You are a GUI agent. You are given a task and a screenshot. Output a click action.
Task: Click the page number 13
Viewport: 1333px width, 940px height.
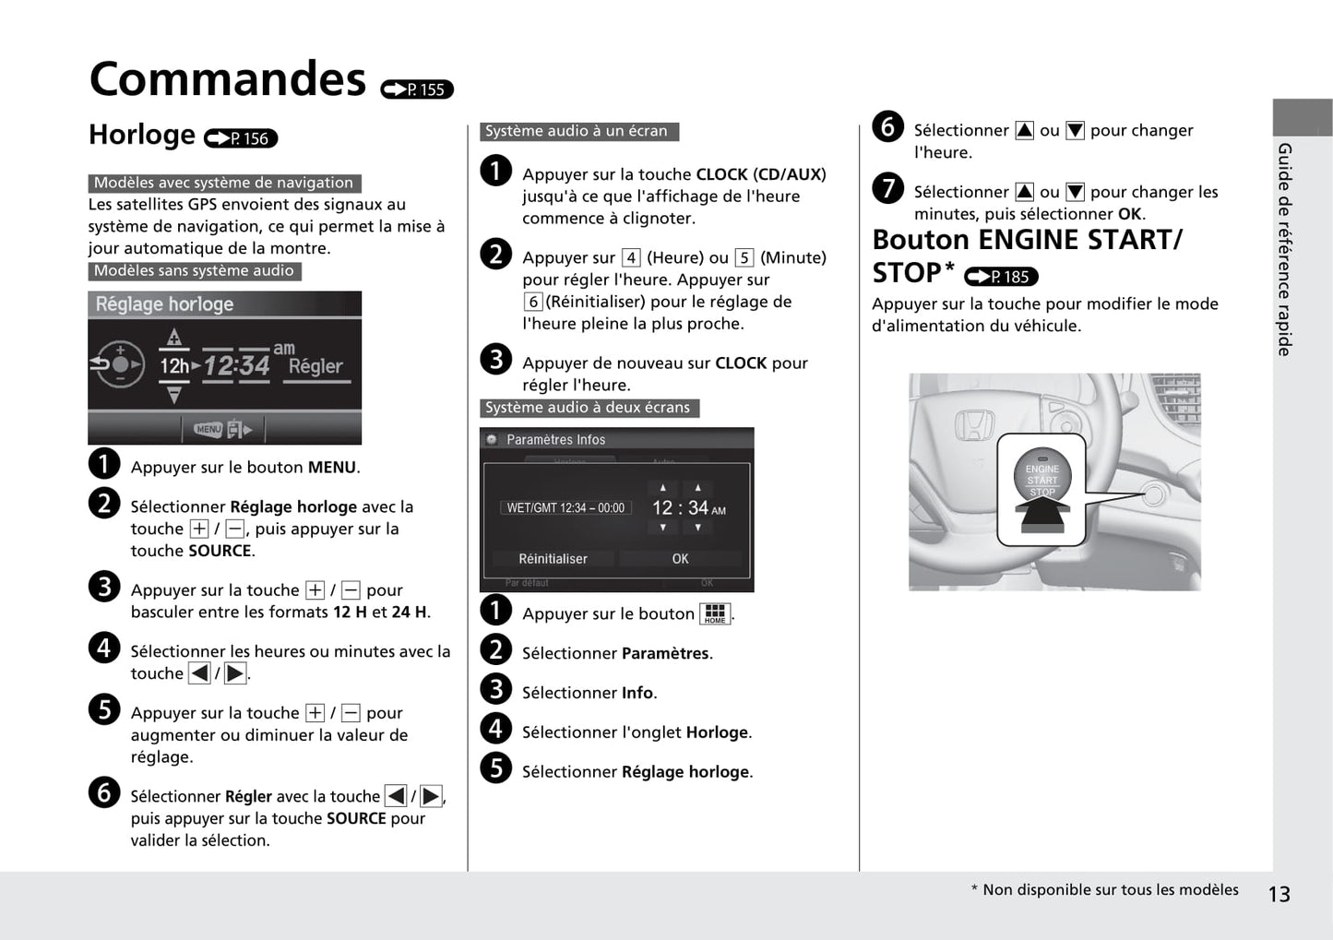tap(1279, 894)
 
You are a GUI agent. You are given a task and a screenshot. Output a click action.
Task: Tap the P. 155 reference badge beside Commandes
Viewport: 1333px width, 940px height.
tap(417, 89)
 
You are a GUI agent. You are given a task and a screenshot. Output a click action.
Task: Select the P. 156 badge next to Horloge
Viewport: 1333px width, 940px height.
tap(241, 138)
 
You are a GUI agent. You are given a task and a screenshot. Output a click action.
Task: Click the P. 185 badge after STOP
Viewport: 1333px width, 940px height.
tap(1001, 277)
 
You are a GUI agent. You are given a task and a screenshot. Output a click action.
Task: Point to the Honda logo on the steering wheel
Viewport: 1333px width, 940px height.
tap(973, 425)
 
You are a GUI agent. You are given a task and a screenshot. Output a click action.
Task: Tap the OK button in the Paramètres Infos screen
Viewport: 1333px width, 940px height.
tap(680, 559)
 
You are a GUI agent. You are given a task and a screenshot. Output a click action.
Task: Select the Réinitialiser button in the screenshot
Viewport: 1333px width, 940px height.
tap(553, 559)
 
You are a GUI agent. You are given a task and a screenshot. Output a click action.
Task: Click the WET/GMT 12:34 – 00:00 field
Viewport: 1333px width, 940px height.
tap(565, 508)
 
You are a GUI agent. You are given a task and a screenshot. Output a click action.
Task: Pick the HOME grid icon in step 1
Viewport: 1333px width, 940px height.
tap(715, 613)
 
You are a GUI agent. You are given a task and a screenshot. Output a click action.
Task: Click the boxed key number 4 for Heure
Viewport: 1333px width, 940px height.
tap(631, 258)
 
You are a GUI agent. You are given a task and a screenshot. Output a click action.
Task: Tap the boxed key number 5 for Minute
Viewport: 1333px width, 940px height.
tap(744, 258)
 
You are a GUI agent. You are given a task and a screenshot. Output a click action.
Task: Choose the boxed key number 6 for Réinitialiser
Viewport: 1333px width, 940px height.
tap(533, 302)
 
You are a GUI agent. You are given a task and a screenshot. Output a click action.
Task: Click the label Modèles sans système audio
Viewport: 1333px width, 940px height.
tap(194, 271)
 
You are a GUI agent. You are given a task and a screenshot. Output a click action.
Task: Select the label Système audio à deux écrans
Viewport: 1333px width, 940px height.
tap(588, 408)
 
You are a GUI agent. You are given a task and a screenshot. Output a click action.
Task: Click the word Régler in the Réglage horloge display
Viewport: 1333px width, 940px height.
tap(315, 366)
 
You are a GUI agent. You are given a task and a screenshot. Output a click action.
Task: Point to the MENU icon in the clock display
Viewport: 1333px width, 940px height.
tap(208, 429)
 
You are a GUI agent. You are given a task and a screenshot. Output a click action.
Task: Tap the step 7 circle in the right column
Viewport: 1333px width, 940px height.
tap(887, 188)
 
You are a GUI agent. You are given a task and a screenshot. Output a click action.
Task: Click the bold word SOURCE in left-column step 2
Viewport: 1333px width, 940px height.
tap(220, 551)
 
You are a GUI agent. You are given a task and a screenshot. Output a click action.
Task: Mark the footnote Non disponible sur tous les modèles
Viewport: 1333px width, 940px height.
tap(1110, 890)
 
